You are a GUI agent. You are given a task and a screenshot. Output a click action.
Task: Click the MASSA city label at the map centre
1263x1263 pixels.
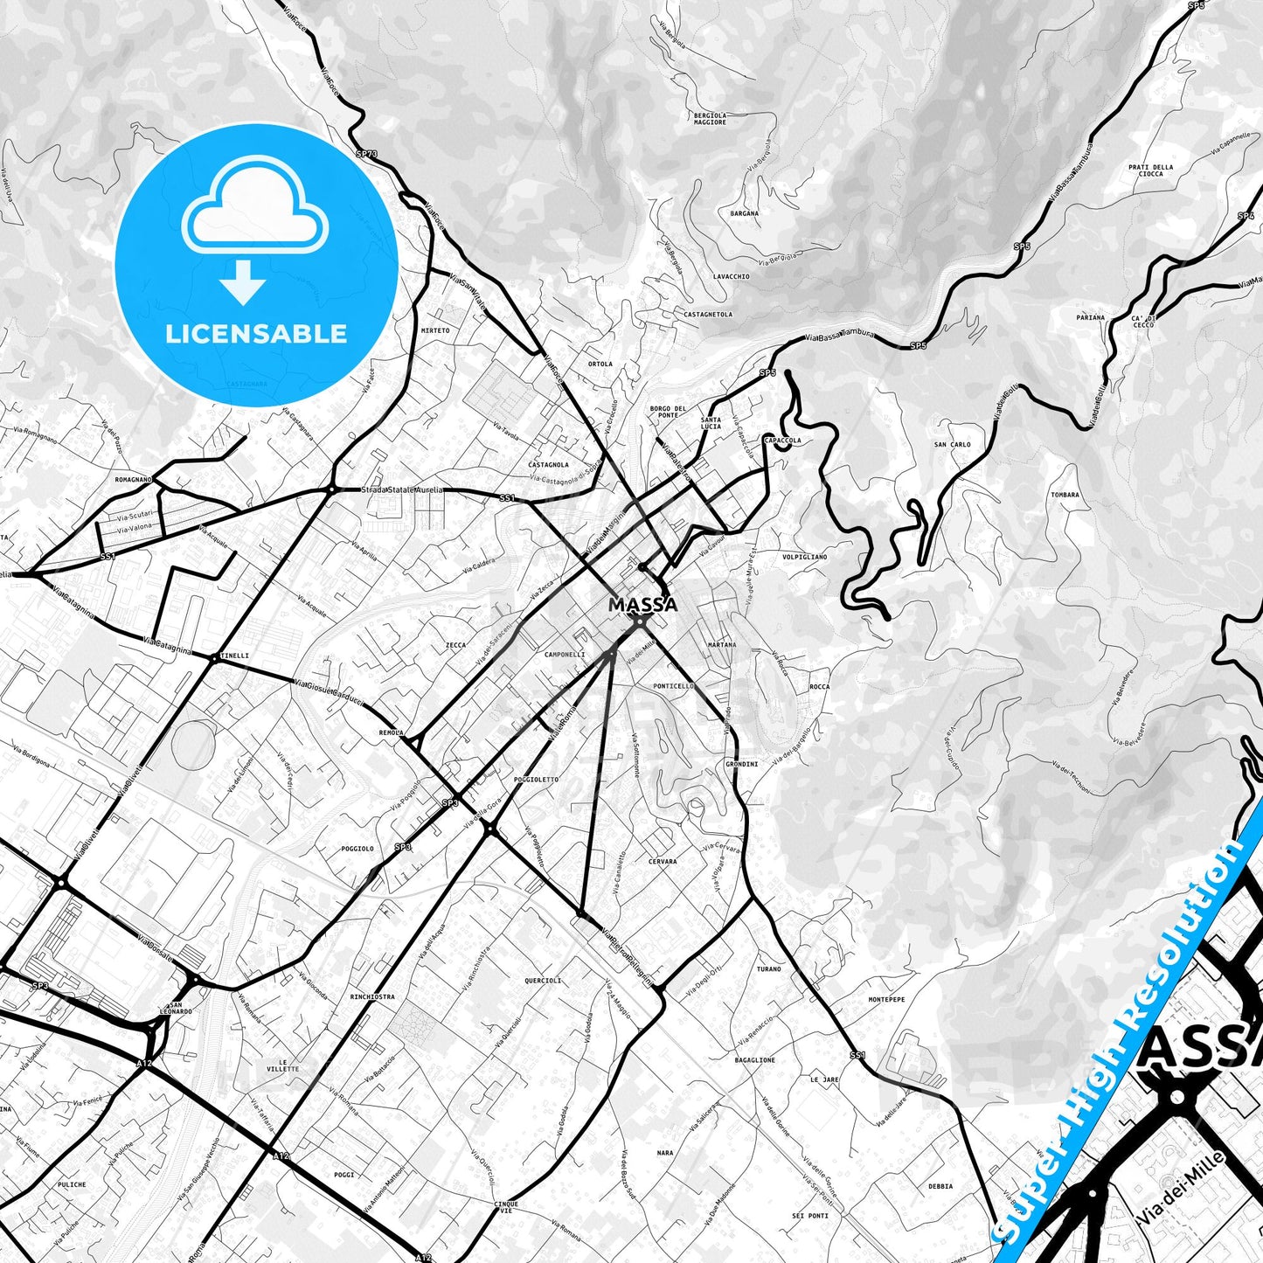coord(642,605)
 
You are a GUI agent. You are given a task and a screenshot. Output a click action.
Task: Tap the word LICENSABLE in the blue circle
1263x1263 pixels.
coord(256,334)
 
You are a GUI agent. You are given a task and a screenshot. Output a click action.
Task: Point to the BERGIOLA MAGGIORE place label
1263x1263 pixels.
coord(709,118)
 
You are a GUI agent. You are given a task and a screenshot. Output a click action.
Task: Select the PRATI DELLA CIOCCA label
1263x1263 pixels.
coord(1150,170)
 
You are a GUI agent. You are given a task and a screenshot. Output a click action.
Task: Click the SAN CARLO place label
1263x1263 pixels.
coord(952,445)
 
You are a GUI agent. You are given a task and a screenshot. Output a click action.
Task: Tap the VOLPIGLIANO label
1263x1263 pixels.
coord(804,557)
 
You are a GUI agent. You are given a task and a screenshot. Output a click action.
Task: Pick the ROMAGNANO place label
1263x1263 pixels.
coord(133,480)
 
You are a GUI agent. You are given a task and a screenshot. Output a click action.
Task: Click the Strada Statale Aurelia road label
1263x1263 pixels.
coord(402,490)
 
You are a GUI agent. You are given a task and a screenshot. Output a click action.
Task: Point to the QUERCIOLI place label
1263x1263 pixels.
coord(543,981)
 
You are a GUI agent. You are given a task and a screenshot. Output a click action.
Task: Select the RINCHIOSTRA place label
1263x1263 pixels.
coord(371,996)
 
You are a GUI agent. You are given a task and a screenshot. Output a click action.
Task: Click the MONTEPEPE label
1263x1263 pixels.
coord(886,999)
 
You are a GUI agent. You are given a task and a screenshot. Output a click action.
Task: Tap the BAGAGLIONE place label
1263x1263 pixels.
coord(754,1060)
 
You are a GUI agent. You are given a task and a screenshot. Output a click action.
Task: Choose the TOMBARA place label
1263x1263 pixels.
coord(1065,495)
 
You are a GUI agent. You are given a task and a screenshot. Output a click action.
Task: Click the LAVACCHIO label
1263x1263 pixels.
coord(731,276)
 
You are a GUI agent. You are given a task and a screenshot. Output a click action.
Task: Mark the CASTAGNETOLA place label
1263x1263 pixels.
coord(708,314)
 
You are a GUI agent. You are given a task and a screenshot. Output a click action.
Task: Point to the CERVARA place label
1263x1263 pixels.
coord(663,862)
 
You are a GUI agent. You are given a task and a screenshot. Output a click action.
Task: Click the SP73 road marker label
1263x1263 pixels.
coord(367,154)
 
